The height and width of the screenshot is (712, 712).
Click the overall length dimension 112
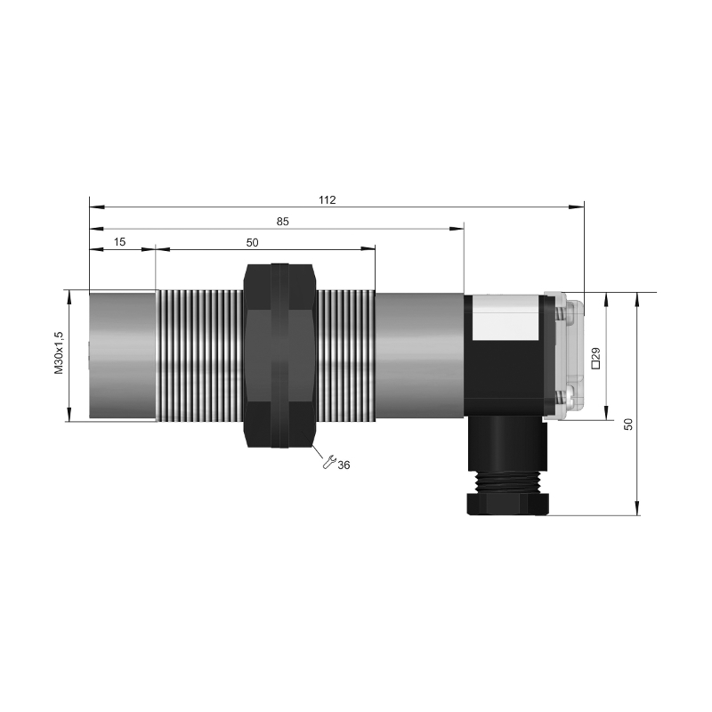click(327, 199)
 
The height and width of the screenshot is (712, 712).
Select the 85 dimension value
click(282, 222)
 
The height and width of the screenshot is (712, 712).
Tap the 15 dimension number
click(119, 242)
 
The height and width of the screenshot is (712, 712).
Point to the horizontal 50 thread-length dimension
click(252, 243)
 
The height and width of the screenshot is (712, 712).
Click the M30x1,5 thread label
click(59, 352)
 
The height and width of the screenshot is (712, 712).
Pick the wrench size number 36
click(344, 465)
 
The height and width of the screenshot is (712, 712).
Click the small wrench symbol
click(328, 461)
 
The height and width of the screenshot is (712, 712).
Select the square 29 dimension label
click(595, 358)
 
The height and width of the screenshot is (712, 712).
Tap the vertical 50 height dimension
click(628, 425)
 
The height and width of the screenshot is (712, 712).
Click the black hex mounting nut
click(279, 355)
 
